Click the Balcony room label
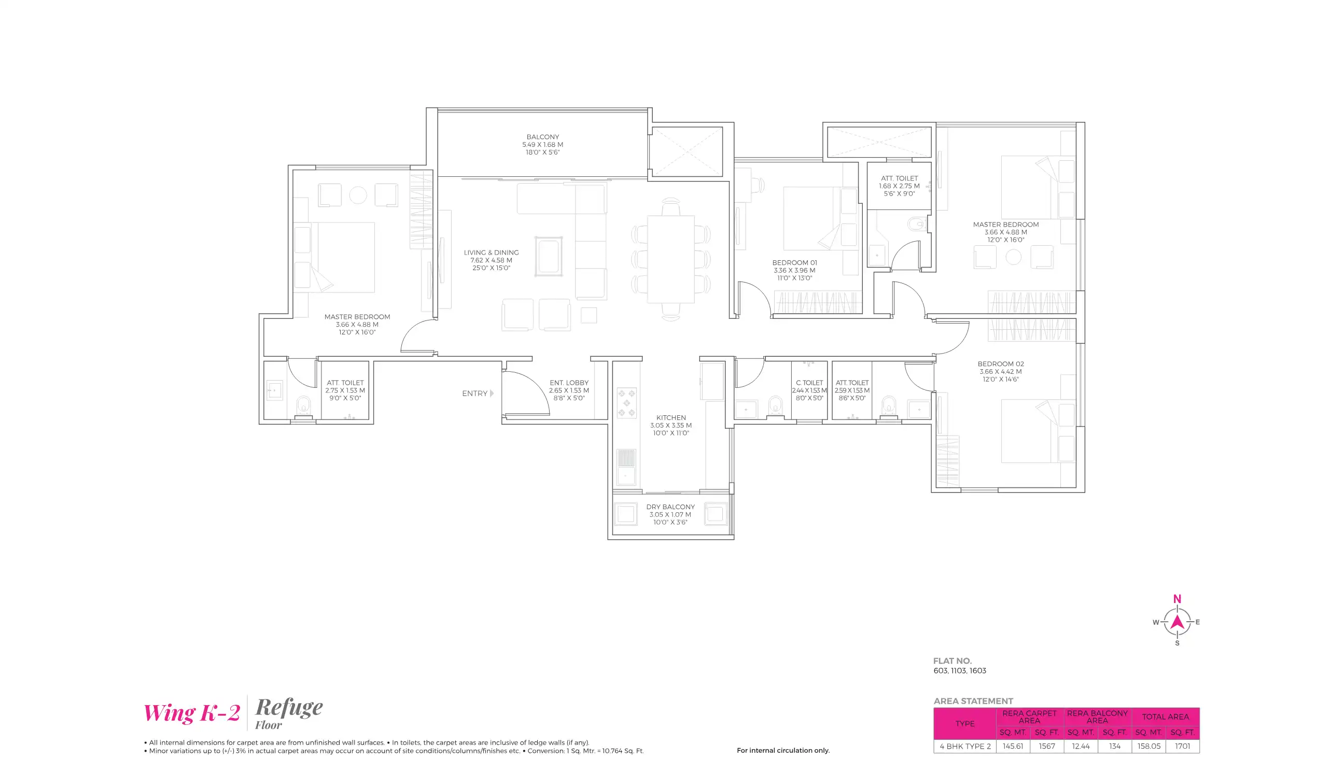click(542, 137)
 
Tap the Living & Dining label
click(491, 253)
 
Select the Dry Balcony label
click(670, 507)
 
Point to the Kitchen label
click(670, 418)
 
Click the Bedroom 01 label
click(794, 263)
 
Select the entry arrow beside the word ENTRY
click(492, 394)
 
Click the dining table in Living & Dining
click(670, 259)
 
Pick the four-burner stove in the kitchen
click(626, 403)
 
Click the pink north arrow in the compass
click(1177, 622)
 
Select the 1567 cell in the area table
click(1046, 747)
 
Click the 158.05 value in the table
click(1149, 747)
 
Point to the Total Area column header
click(1165, 717)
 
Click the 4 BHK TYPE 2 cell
click(964, 747)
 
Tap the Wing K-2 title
click(191, 713)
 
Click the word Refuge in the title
click(288, 708)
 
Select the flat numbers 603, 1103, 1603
click(959, 671)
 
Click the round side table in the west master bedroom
click(358, 195)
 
